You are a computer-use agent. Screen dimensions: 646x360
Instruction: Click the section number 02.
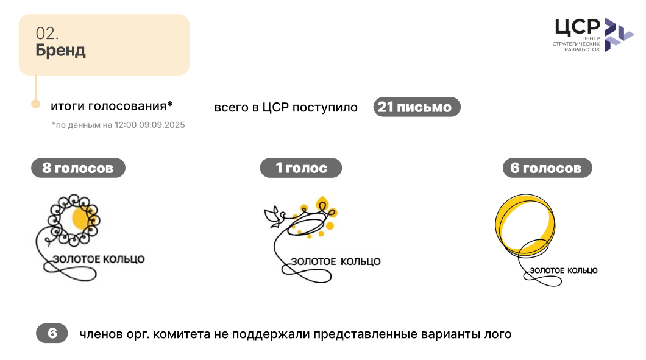click(47, 34)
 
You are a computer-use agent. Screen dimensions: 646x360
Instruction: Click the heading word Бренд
click(60, 50)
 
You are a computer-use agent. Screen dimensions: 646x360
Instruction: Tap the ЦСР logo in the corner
click(593, 35)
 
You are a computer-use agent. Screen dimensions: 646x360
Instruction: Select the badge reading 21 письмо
click(417, 107)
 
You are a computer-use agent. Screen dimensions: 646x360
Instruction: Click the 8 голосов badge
click(78, 168)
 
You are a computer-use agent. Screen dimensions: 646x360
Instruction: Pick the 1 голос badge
click(300, 168)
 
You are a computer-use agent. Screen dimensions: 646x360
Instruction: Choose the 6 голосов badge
click(547, 168)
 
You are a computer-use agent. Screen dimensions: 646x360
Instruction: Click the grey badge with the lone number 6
click(52, 333)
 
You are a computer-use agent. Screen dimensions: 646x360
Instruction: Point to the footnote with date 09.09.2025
click(118, 125)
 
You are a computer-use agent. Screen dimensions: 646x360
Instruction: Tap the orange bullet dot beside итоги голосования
click(36, 104)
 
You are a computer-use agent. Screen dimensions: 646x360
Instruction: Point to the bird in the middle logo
click(273, 216)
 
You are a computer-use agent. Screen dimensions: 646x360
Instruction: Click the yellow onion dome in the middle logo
click(322, 203)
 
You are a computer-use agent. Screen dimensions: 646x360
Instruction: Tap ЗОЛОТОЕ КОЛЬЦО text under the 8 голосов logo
click(99, 259)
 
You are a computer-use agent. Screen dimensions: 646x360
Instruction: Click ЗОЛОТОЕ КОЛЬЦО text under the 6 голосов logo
click(564, 270)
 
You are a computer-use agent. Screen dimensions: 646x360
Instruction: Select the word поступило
click(325, 108)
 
